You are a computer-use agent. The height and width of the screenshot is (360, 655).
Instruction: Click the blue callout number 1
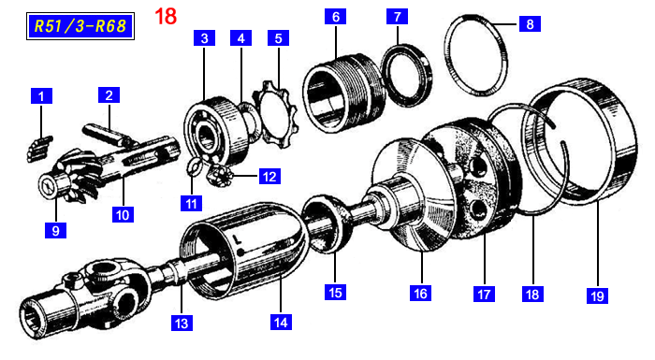(x=41, y=96)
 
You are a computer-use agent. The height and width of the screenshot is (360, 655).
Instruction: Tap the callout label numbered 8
(x=530, y=23)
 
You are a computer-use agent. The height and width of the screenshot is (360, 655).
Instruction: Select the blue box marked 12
(x=269, y=176)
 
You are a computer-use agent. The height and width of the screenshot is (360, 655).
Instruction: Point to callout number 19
(x=597, y=295)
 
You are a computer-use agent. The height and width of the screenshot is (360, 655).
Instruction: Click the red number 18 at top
(x=166, y=16)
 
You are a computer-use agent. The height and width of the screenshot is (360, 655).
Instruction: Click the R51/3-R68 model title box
(x=80, y=26)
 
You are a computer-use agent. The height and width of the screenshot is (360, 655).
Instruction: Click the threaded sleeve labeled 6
(x=343, y=93)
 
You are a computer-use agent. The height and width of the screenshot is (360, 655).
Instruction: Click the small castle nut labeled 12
(x=219, y=175)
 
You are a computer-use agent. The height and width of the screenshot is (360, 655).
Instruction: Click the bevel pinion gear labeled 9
(x=69, y=181)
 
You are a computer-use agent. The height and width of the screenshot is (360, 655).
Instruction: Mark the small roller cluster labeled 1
(x=39, y=149)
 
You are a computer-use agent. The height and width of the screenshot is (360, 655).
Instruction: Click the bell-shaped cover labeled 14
(x=246, y=251)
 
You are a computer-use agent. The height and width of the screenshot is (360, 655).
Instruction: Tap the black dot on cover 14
(x=240, y=252)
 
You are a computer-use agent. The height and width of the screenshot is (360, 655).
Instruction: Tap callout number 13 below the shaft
(x=182, y=323)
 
